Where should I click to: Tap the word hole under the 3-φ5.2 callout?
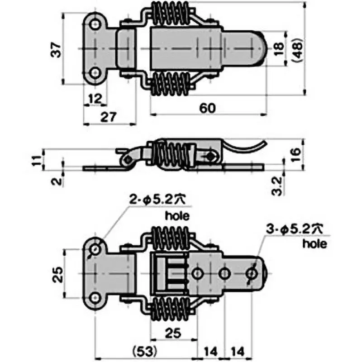point(314,245)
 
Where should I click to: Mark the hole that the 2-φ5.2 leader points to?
point(95,250)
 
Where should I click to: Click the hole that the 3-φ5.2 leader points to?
point(252,273)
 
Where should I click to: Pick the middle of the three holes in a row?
point(224,273)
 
